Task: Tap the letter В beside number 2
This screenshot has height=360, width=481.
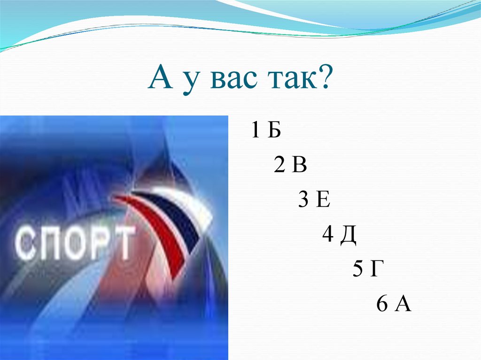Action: [299, 166]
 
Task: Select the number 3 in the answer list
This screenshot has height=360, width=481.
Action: [303, 200]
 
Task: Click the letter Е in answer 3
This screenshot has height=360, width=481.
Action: [324, 200]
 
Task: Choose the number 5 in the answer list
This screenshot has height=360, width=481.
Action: [357, 270]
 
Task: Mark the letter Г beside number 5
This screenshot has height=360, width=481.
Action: [373, 270]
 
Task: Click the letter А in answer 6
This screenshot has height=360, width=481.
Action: [403, 304]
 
